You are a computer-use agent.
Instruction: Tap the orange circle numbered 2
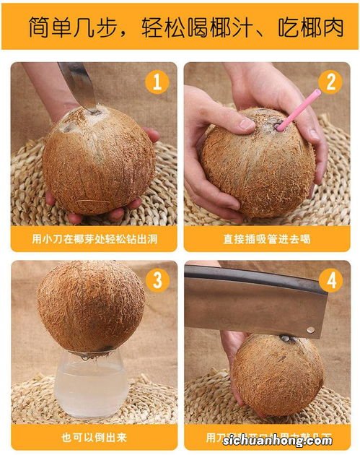tap(330, 81)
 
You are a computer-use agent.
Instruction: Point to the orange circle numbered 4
tap(330, 279)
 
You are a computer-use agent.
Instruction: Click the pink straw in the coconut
tap(297, 110)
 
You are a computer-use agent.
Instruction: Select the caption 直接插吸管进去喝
tap(266, 238)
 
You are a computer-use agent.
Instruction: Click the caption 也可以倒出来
tap(93, 437)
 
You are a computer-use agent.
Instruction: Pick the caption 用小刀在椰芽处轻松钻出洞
tap(93, 238)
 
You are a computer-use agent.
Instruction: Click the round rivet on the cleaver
tap(310, 329)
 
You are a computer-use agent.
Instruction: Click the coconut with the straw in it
tap(256, 162)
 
